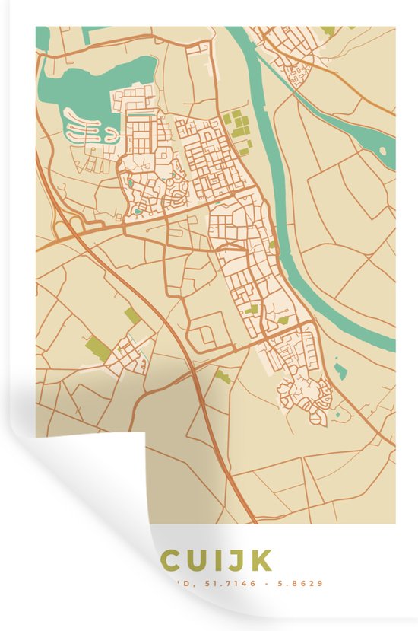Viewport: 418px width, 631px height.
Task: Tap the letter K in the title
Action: coord(261,562)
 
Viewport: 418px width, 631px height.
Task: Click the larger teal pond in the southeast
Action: coord(340,371)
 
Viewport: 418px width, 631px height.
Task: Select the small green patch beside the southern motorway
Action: coord(222,375)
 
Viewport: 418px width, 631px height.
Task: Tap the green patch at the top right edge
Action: coord(327,31)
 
